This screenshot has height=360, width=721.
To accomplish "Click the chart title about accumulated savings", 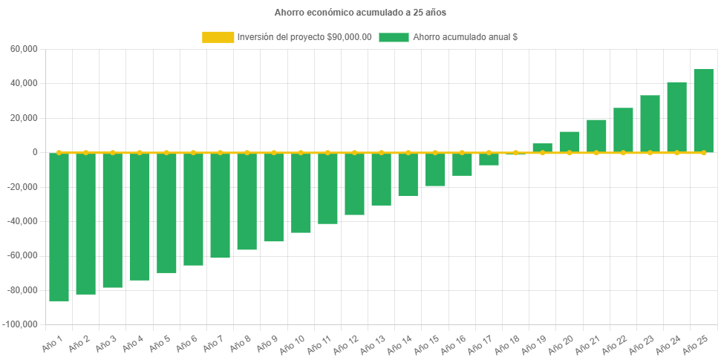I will tap(360, 13).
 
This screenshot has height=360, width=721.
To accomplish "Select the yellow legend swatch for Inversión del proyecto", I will tap(217, 37).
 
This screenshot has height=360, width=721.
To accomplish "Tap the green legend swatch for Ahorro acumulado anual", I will tap(394, 37).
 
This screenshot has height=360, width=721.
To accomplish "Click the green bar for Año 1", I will tap(59, 226).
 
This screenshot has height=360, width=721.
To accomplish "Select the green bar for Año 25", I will tap(703, 111).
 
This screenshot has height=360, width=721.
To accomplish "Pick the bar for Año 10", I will tap(301, 192).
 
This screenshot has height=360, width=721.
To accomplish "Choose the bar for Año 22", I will tap(623, 130).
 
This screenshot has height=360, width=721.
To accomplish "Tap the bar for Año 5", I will tap(166, 212).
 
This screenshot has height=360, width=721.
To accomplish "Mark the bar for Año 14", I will tap(408, 174).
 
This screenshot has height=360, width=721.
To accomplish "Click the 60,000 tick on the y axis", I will tap(25, 49).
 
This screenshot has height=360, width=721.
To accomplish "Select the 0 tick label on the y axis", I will tap(35, 152).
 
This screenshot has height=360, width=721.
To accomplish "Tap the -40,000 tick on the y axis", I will tap(22, 221).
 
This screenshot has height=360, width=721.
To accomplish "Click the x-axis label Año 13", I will tap(372, 343).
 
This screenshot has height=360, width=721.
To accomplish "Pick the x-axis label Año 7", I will tap(212, 343).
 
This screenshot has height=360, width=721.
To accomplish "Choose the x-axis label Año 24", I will tap(668, 343).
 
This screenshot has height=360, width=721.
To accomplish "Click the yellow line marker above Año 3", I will tap(113, 152).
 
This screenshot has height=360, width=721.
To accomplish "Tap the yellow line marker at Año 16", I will tap(462, 152).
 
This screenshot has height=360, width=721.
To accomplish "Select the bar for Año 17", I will tap(489, 159).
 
